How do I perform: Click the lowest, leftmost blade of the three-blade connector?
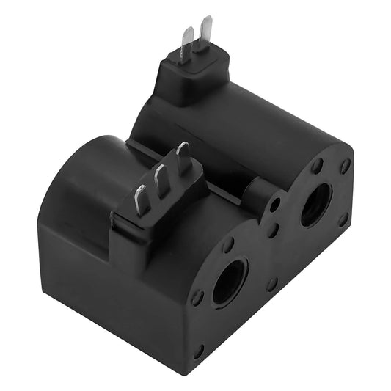point(142,200)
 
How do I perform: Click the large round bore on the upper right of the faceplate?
point(316,205)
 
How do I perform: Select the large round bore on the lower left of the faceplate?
point(230,281)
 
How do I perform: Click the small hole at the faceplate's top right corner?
point(345,167)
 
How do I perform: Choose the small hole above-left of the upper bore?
point(316,167)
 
